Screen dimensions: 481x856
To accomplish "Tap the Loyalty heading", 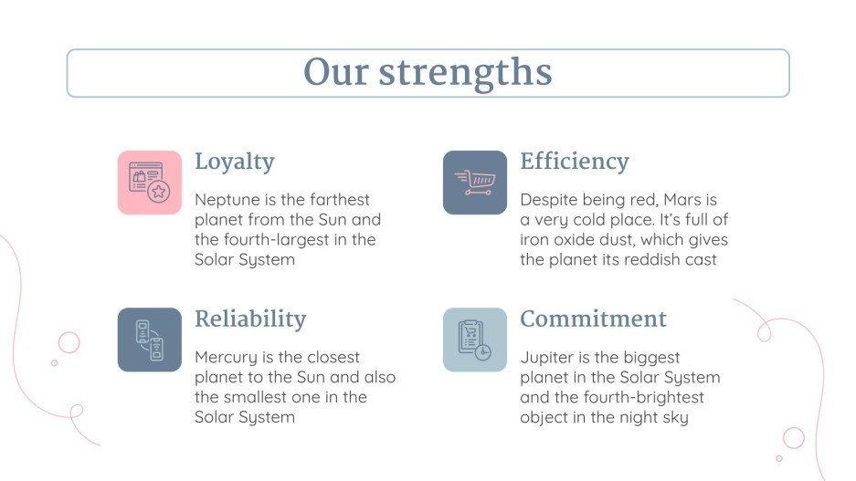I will point(234,162).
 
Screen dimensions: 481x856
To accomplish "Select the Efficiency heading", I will point(574,162).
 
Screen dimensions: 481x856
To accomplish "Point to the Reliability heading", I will point(249,319).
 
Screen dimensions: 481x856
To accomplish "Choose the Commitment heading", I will point(593,319).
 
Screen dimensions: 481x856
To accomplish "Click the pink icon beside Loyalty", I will point(150,183).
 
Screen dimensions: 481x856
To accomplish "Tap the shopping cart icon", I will point(475,183).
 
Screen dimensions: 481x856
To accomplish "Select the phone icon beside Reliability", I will point(150,340).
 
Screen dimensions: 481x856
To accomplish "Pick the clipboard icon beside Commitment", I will point(475,340).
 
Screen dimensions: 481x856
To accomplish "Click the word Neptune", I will point(225,200).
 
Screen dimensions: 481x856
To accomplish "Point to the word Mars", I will point(683,200).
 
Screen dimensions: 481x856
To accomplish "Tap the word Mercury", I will point(226,357).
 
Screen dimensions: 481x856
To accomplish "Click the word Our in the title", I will point(334,73).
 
